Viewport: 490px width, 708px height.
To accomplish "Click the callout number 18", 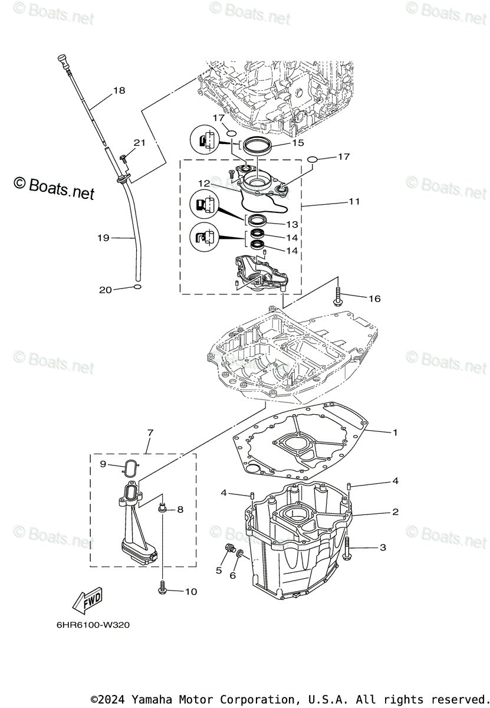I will [x=119, y=90].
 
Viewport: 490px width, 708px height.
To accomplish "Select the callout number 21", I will [x=139, y=142].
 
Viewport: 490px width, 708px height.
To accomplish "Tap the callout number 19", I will [x=103, y=238].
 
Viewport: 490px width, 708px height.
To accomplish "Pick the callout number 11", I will [x=354, y=201].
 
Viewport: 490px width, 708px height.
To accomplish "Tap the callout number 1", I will [x=394, y=432].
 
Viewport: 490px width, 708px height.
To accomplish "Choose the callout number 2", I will [x=395, y=512].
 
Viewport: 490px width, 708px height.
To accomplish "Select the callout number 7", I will [x=150, y=433].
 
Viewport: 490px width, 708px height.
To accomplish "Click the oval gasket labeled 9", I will [x=130, y=466].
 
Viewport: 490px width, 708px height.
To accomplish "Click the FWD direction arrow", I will [x=87, y=601].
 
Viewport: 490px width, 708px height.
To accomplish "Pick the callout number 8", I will [x=180, y=509].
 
